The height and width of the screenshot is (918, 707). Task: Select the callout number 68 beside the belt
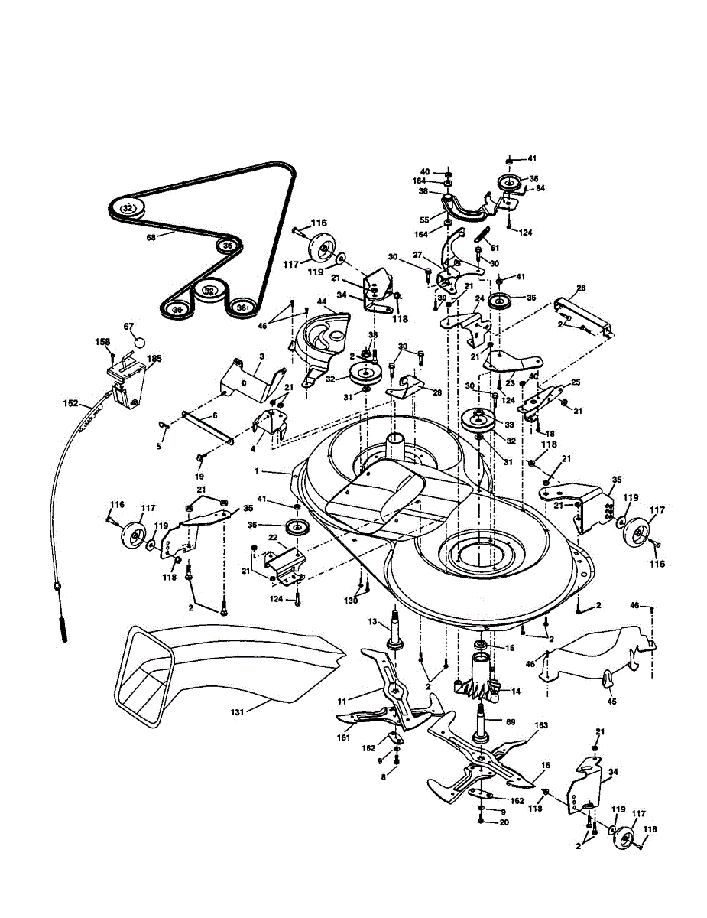tap(151, 237)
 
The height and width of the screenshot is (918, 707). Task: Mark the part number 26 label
tap(581, 289)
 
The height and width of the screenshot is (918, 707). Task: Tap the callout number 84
tap(540, 187)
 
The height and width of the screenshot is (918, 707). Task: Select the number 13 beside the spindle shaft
tap(373, 620)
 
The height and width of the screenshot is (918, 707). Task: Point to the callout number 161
tap(343, 737)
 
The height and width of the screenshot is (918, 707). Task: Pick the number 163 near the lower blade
tap(541, 724)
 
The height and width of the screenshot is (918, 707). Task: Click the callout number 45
tap(611, 700)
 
